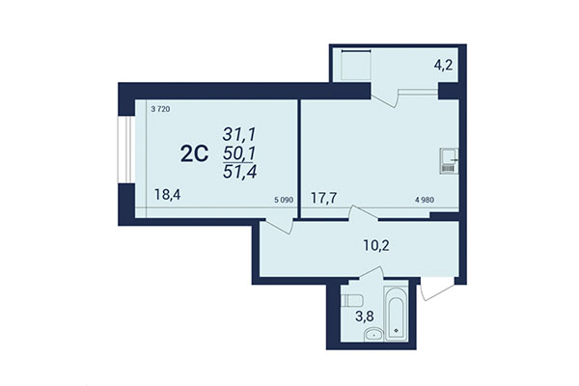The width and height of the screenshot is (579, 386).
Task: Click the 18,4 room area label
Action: (166, 194)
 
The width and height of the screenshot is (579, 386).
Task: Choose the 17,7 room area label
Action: (323, 200)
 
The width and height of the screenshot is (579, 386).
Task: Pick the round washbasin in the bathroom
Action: (372, 336)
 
